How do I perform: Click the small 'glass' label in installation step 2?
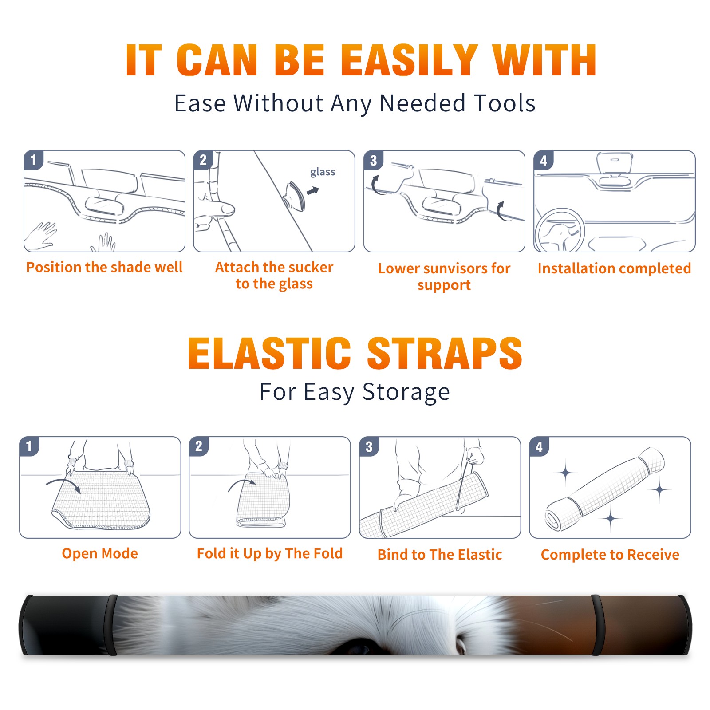tap(323, 172)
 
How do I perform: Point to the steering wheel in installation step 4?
tap(560, 231)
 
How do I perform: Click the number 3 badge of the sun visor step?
tap(373, 160)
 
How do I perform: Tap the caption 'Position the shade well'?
tap(104, 267)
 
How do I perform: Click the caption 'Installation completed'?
tap(614, 268)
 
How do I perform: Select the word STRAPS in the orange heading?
tap(445, 353)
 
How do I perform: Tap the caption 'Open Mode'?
tap(100, 553)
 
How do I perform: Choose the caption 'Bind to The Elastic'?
tap(440, 555)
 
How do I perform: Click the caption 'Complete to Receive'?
tap(610, 555)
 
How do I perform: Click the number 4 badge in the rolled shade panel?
tap(539, 446)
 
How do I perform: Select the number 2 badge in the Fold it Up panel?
tap(199, 446)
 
